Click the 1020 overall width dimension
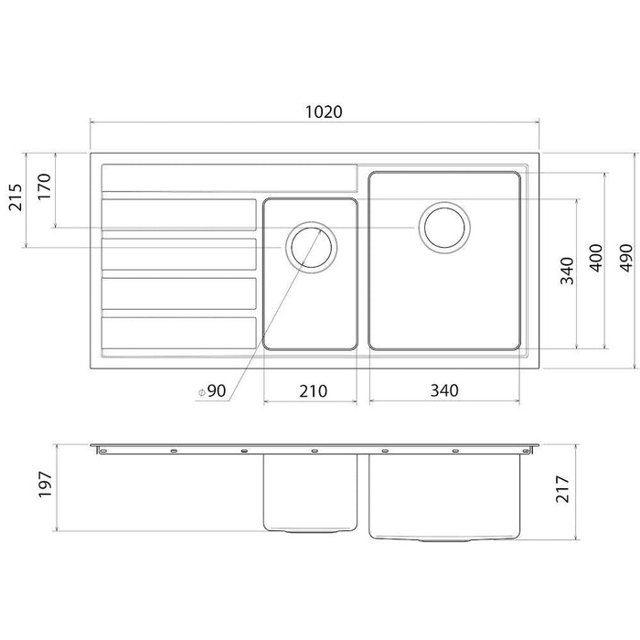[x=324, y=112]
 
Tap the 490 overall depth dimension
[x=626, y=258]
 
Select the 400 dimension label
[x=596, y=258]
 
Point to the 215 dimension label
[x=16, y=197]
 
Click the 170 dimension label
[x=45, y=187]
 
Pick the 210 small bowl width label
[x=313, y=391]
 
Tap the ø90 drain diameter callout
[x=212, y=391]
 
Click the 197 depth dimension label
[x=45, y=485]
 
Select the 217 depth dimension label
[x=562, y=489]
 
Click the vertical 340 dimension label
[x=567, y=271]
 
